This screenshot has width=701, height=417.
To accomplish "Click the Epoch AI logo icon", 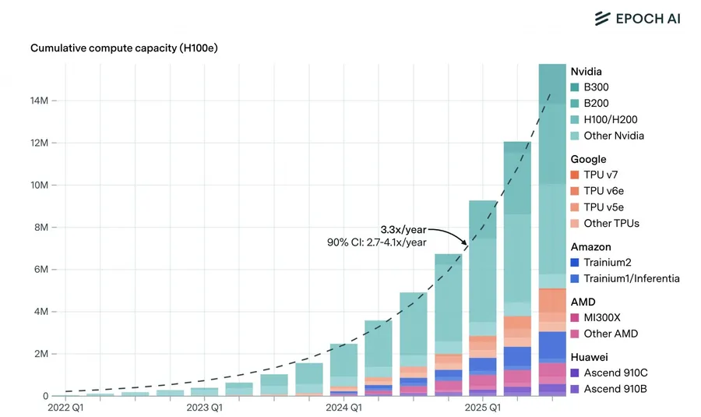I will [x=601, y=18].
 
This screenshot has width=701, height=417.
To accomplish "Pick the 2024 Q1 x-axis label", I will [x=343, y=408].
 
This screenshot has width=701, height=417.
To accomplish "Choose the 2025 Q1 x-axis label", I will [x=483, y=408].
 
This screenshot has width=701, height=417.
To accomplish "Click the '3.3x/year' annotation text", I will [x=403, y=230].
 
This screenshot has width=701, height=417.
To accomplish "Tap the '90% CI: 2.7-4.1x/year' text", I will [x=376, y=242].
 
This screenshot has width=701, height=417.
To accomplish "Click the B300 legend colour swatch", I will [x=575, y=87].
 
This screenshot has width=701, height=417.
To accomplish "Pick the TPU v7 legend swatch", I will [x=575, y=175].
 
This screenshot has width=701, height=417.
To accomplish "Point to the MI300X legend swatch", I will [x=575, y=317].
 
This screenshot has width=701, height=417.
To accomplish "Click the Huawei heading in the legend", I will [x=590, y=357].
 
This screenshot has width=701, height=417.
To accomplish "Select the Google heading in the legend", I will [x=588, y=159].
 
